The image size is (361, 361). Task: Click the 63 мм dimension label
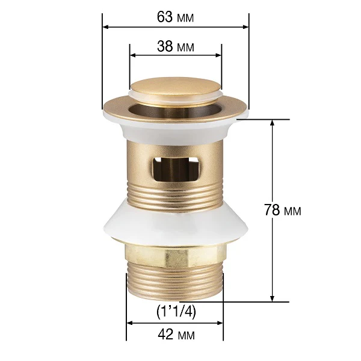click(176, 17)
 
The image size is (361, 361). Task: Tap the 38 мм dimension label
click(176, 46)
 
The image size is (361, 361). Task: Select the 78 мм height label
click(282, 210)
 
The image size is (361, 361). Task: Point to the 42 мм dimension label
click(176, 335)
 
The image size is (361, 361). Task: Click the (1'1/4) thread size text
click(176, 312)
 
